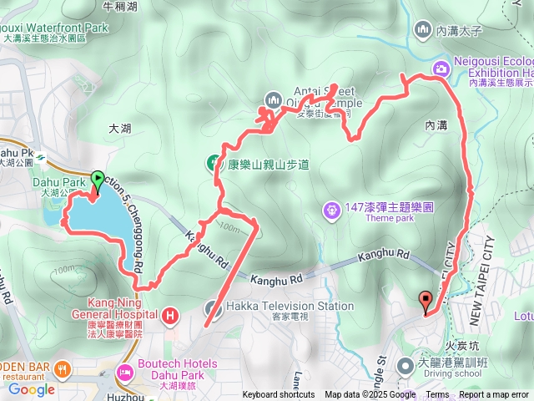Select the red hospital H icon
171,316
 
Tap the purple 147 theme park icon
332,206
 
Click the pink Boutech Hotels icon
124,370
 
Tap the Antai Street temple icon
272,101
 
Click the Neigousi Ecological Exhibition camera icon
440,67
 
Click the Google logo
31,388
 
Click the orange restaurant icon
62,368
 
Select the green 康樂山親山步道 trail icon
214,164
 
